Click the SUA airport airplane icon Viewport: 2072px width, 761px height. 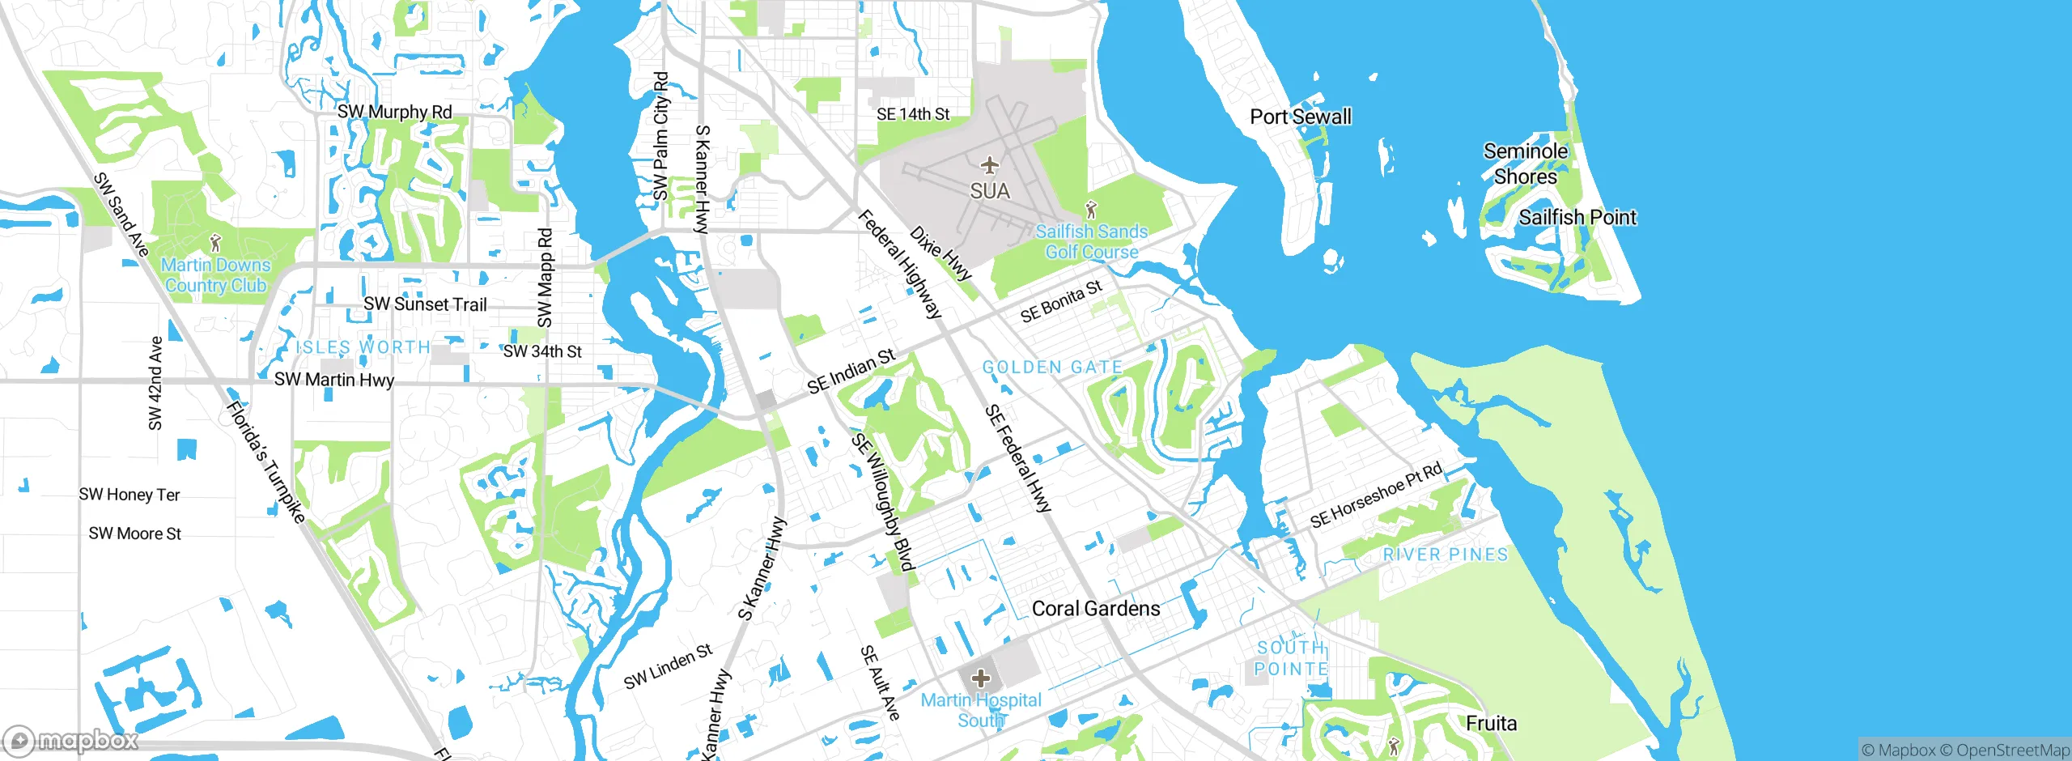point(989,166)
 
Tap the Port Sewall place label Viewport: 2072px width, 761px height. point(1301,117)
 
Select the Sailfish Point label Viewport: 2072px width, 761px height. point(1577,217)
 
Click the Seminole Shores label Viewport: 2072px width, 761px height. point(1525,164)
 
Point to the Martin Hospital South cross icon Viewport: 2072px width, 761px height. point(981,678)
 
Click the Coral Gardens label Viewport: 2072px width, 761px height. point(1095,609)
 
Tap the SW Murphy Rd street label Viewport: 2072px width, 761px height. point(394,112)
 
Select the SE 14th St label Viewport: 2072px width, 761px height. point(913,114)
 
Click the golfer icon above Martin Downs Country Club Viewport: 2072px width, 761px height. point(215,242)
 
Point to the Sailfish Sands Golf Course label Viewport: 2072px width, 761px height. point(1091,241)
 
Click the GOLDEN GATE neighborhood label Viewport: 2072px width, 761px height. point(1052,368)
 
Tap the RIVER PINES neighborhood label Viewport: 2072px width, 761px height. point(1446,555)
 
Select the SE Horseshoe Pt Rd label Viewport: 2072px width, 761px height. point(1375,495)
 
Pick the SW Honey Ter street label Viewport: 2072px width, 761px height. point(129,495)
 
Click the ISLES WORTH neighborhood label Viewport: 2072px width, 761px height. point(363,347)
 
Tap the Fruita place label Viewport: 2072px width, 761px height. point(1491,723)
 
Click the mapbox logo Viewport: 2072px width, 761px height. point(71,740)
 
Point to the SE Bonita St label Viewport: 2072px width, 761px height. point(1061,301)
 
